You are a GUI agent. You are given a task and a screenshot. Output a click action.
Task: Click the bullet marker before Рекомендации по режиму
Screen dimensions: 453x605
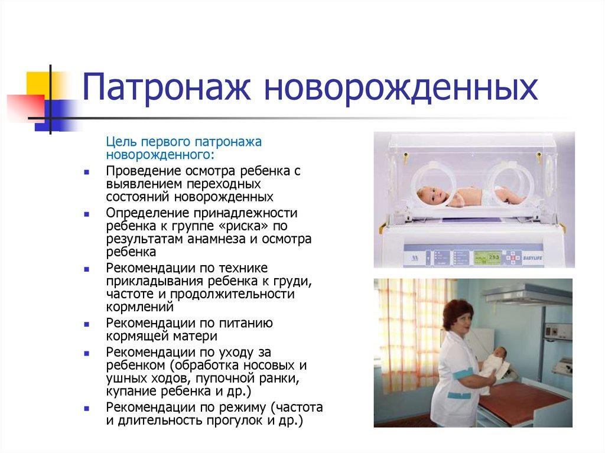point(86,408)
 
